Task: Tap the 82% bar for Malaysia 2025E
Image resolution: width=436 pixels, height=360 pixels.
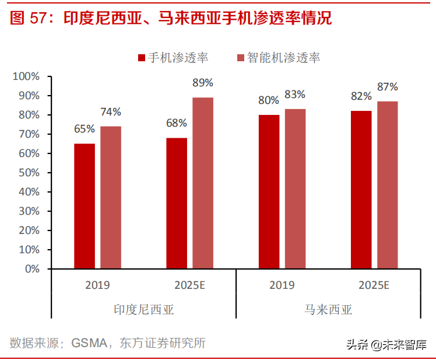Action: pos(361,190)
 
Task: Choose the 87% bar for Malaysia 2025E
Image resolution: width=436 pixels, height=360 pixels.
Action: pos(388,185)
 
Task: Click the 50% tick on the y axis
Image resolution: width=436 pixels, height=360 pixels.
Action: pos(28,173)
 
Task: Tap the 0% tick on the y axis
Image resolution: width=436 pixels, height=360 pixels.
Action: pos(30,269)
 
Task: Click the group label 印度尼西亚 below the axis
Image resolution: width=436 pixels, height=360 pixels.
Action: pos(143,309)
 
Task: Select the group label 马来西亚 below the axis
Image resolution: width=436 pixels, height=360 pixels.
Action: pos(328,309)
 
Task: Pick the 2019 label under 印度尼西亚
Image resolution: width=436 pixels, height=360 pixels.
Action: pos(97,285)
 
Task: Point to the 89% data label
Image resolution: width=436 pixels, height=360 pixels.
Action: pos(203,83)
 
